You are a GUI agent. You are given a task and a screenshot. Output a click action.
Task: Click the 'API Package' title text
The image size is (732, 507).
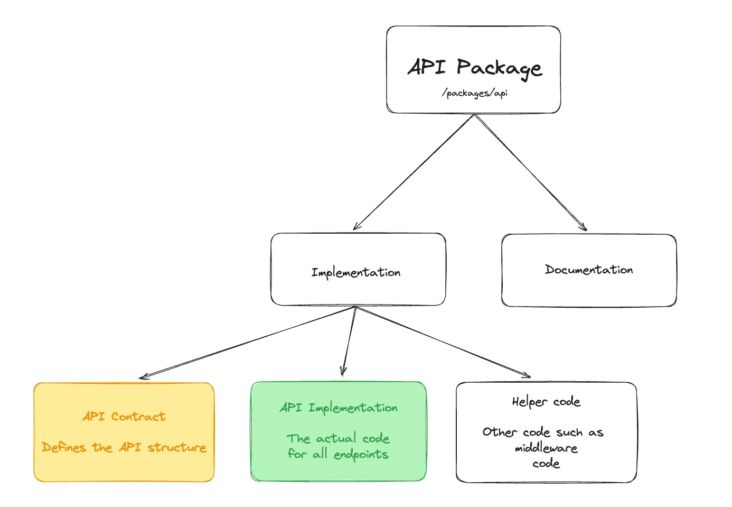[x=474, y=68]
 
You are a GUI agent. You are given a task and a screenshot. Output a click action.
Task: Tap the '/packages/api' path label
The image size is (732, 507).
[x=474, y=94]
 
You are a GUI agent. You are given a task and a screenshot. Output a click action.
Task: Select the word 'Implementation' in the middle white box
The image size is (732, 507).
[x=355, y=272]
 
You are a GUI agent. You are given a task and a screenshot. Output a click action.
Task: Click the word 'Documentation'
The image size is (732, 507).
[x=588, y=270]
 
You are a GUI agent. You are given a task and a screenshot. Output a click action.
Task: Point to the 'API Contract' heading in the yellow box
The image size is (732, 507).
[x=124, y=417]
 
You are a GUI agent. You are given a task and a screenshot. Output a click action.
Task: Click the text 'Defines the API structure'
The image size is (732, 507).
[x=124, y=447]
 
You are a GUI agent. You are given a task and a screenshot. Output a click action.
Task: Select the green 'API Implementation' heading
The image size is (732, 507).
[x=338, y=408]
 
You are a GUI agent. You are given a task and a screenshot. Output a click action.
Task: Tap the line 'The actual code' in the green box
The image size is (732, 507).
[x=338, y=438]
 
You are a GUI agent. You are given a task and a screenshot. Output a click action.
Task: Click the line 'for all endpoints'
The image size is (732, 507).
[x=338, y=454]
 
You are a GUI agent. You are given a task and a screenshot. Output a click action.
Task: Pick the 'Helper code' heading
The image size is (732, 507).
[x=546, y=402]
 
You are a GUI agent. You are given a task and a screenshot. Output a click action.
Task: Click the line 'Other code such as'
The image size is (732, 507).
[x=542, y=432]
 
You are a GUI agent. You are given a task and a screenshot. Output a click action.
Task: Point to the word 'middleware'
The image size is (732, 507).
[x=546, y=448]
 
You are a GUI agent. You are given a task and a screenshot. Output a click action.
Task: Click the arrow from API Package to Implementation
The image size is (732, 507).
[x=414, y=172]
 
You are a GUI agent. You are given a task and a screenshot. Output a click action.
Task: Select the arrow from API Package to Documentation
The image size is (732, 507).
[x=530, y=172]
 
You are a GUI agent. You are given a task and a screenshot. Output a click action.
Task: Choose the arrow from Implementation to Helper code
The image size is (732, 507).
[x=443, y=342]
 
